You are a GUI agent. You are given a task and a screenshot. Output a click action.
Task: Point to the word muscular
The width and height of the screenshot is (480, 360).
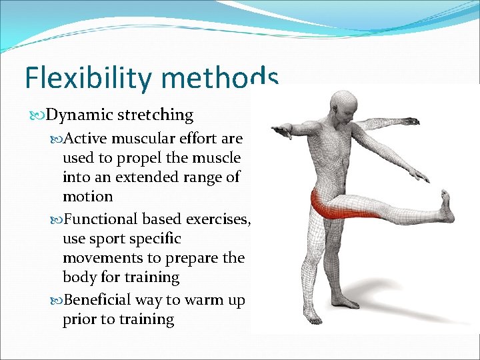point(146,139)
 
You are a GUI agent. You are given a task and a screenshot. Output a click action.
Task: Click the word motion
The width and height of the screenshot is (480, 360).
point(87,197)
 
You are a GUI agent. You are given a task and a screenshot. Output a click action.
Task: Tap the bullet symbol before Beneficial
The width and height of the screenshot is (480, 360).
point(56,301)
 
